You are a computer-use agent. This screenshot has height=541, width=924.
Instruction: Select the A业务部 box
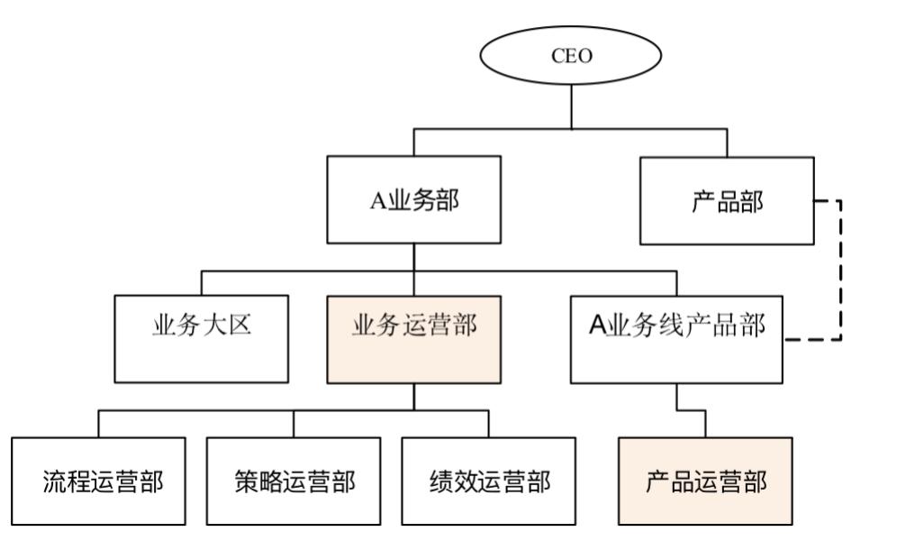[x=413, y=200]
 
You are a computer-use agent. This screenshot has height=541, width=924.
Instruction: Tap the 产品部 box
[x=726, y=200]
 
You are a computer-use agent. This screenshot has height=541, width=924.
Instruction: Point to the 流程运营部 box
[x=98, y=482]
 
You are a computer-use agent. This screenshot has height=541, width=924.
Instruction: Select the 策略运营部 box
[x=294, y=482]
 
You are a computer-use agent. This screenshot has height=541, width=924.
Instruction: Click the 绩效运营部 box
[x=489, y=482]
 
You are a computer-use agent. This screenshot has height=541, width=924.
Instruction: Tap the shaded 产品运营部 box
[x=706, y=482]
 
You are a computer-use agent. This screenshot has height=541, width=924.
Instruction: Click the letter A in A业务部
[x=376, y=201]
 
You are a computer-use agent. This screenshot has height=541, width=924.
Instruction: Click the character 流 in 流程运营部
[x=53, y=482]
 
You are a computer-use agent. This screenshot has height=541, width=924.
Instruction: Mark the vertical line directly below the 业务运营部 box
[x=413, y=397]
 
